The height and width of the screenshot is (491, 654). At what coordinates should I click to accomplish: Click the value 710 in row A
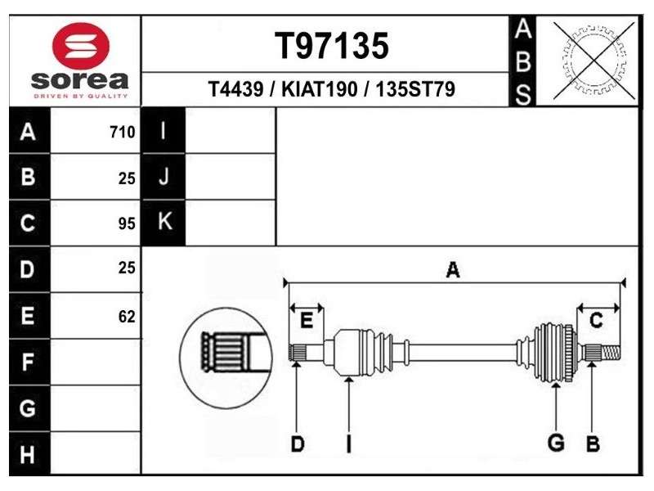[122, 132]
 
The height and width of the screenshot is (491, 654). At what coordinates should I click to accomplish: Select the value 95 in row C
[126, 223]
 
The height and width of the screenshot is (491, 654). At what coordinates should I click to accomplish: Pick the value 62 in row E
[126, 317]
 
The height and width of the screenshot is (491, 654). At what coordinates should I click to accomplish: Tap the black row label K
[164, 222]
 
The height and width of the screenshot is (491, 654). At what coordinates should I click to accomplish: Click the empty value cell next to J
[231, 176]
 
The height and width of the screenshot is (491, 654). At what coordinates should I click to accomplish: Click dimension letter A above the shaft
[452, 272]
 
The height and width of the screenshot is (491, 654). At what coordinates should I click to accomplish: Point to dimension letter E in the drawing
[307, 321]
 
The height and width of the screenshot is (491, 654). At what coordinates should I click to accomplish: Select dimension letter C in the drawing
[596, 321]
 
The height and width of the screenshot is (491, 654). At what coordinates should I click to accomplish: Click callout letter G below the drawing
[556, 443]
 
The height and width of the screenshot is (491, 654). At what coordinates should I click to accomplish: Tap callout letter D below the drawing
[298, 444]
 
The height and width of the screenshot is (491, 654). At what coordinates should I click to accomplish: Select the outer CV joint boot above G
[552, 353]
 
